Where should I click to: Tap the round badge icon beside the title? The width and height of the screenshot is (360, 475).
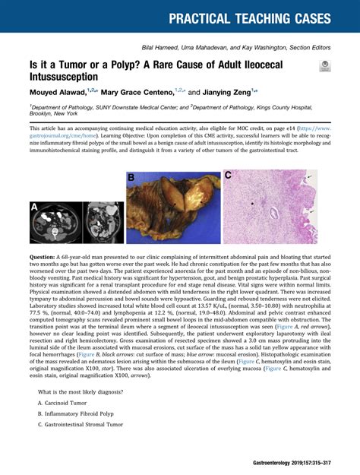click(325, 67)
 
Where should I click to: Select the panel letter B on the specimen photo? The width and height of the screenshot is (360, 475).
click(131, 178)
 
